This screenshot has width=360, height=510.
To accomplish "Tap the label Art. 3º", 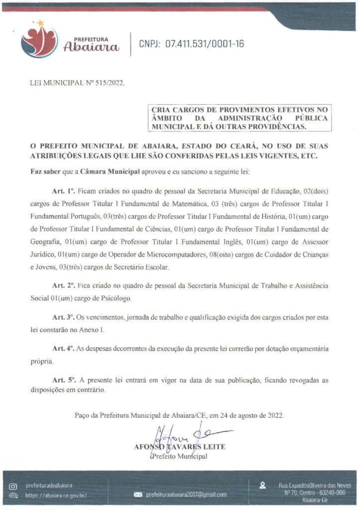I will coord(63,317).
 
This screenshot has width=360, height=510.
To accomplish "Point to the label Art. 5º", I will coord(63,381).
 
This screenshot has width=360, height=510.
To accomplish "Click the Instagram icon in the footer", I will coord(13,485).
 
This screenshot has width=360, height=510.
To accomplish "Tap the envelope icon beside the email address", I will coord(138,495).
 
